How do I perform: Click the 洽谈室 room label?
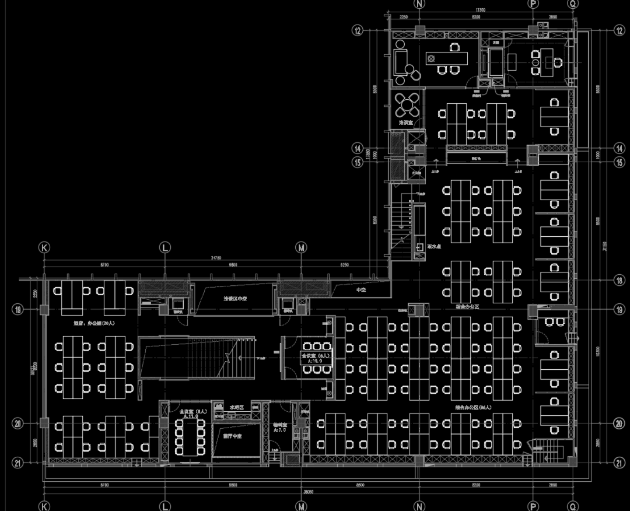406,123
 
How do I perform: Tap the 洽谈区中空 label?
236,298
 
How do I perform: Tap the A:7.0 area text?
280,430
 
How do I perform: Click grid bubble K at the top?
44,248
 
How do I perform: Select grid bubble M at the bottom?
302,506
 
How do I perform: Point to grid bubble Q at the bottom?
573,506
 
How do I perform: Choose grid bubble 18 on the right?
619,280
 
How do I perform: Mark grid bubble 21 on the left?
17,463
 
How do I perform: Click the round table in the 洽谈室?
405,105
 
